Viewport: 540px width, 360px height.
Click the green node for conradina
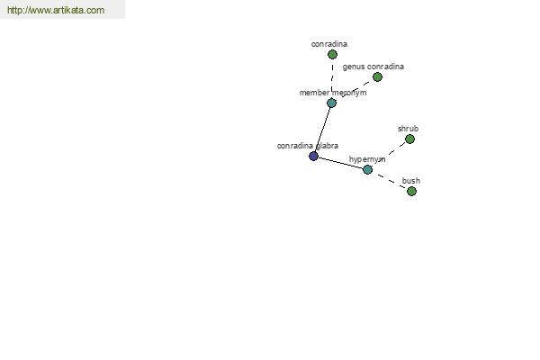[332, 54]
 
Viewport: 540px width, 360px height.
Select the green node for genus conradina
[377, 76]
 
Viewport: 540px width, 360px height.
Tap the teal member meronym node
[331, 103]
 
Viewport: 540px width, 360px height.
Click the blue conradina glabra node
[313, 156]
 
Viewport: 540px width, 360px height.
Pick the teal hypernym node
[367, 169]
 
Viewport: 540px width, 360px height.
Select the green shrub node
[409, 139]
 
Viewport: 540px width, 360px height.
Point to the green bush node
[411, 191]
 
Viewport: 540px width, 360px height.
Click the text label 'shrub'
[408, 129]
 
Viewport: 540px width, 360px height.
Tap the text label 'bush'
[411, 181]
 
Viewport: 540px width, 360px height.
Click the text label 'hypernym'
[367, 159]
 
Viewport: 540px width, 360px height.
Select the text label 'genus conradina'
[373, 67]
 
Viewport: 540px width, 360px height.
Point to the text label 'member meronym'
[333, 93]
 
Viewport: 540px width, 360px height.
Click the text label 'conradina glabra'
[308, 146]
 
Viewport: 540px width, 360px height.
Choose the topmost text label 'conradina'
[329, 44]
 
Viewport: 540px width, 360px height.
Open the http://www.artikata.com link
[56, 10]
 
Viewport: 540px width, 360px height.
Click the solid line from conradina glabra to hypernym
[340, 163]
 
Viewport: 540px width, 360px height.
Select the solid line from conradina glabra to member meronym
[322, 130]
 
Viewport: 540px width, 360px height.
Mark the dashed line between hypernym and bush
[390, 180]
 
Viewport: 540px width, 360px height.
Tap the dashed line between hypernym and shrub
[389, 154]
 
